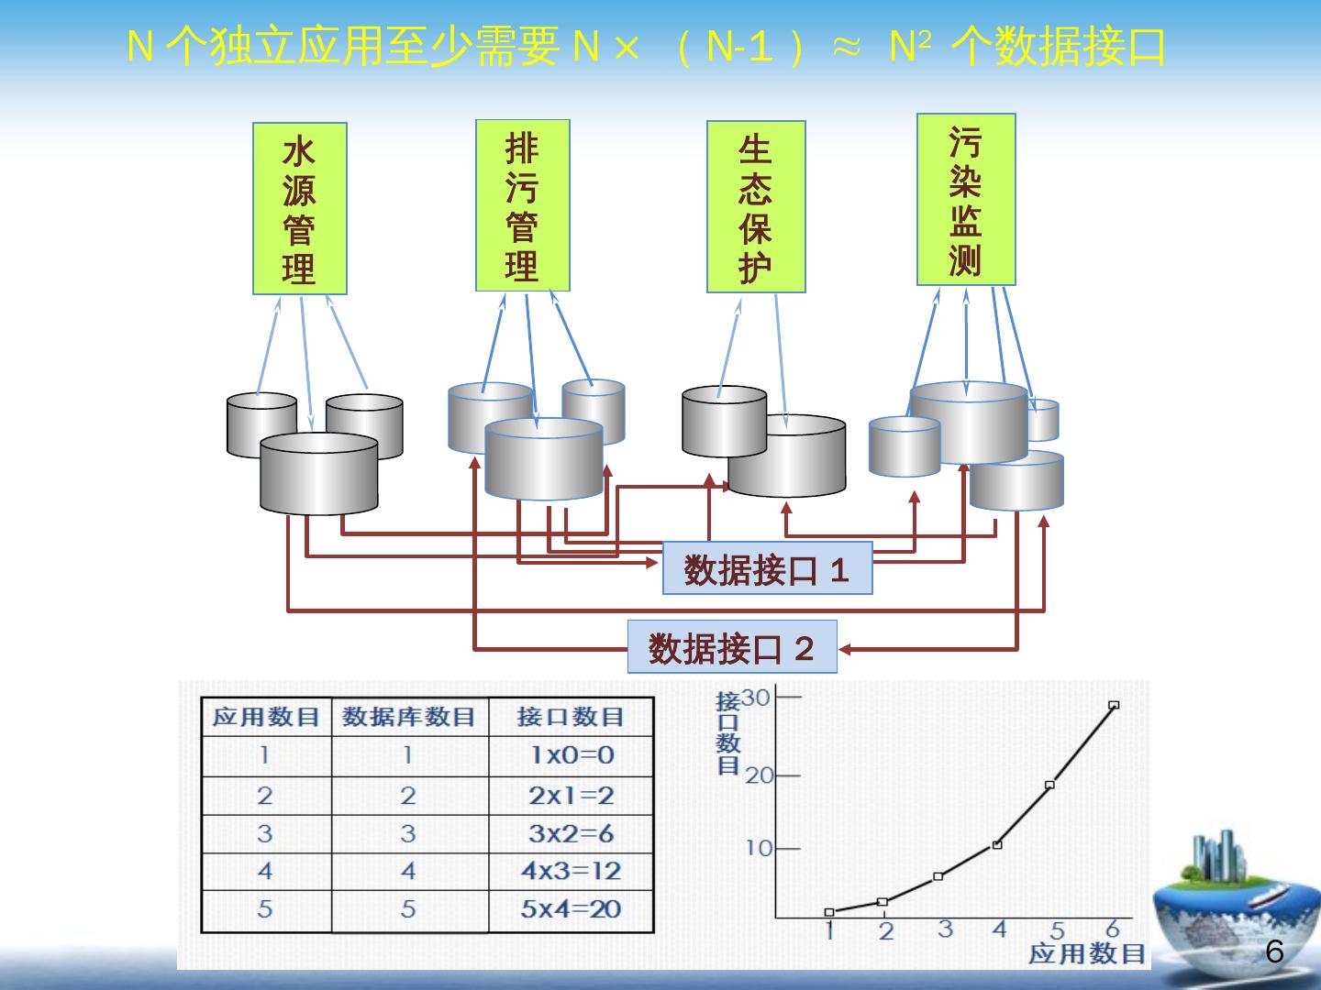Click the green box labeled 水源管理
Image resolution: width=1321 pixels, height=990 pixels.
click(300, 208)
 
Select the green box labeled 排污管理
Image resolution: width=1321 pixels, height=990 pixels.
click(523, 205)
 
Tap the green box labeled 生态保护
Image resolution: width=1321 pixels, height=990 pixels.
click(756, 206)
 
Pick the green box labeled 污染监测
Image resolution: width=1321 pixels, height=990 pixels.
click(966, 199)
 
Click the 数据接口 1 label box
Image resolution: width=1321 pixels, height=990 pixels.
click(767, 568)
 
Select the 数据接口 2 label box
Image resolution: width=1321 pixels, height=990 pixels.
click(731, 647)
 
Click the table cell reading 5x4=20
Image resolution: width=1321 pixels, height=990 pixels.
click(571, 909)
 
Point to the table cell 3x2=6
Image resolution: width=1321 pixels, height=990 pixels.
click(571, 833)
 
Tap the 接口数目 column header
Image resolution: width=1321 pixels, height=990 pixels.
click(571, 717)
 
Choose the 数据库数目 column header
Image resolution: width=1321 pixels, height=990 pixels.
click(409, 717)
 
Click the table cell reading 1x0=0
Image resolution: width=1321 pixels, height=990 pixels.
click(571, 755)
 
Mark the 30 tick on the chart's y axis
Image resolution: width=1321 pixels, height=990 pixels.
click(757, 698)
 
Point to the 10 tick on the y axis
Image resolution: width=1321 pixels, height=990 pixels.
click(760, 848)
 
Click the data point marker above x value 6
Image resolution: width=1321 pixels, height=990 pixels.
click(1114, 705)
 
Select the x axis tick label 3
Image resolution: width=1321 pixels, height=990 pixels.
click(945, 929)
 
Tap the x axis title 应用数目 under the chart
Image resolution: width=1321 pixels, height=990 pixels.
click(1087, 954)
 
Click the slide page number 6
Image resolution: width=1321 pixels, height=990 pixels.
click(1274, 952)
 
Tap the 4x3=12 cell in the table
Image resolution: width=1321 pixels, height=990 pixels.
click(571, 871)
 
